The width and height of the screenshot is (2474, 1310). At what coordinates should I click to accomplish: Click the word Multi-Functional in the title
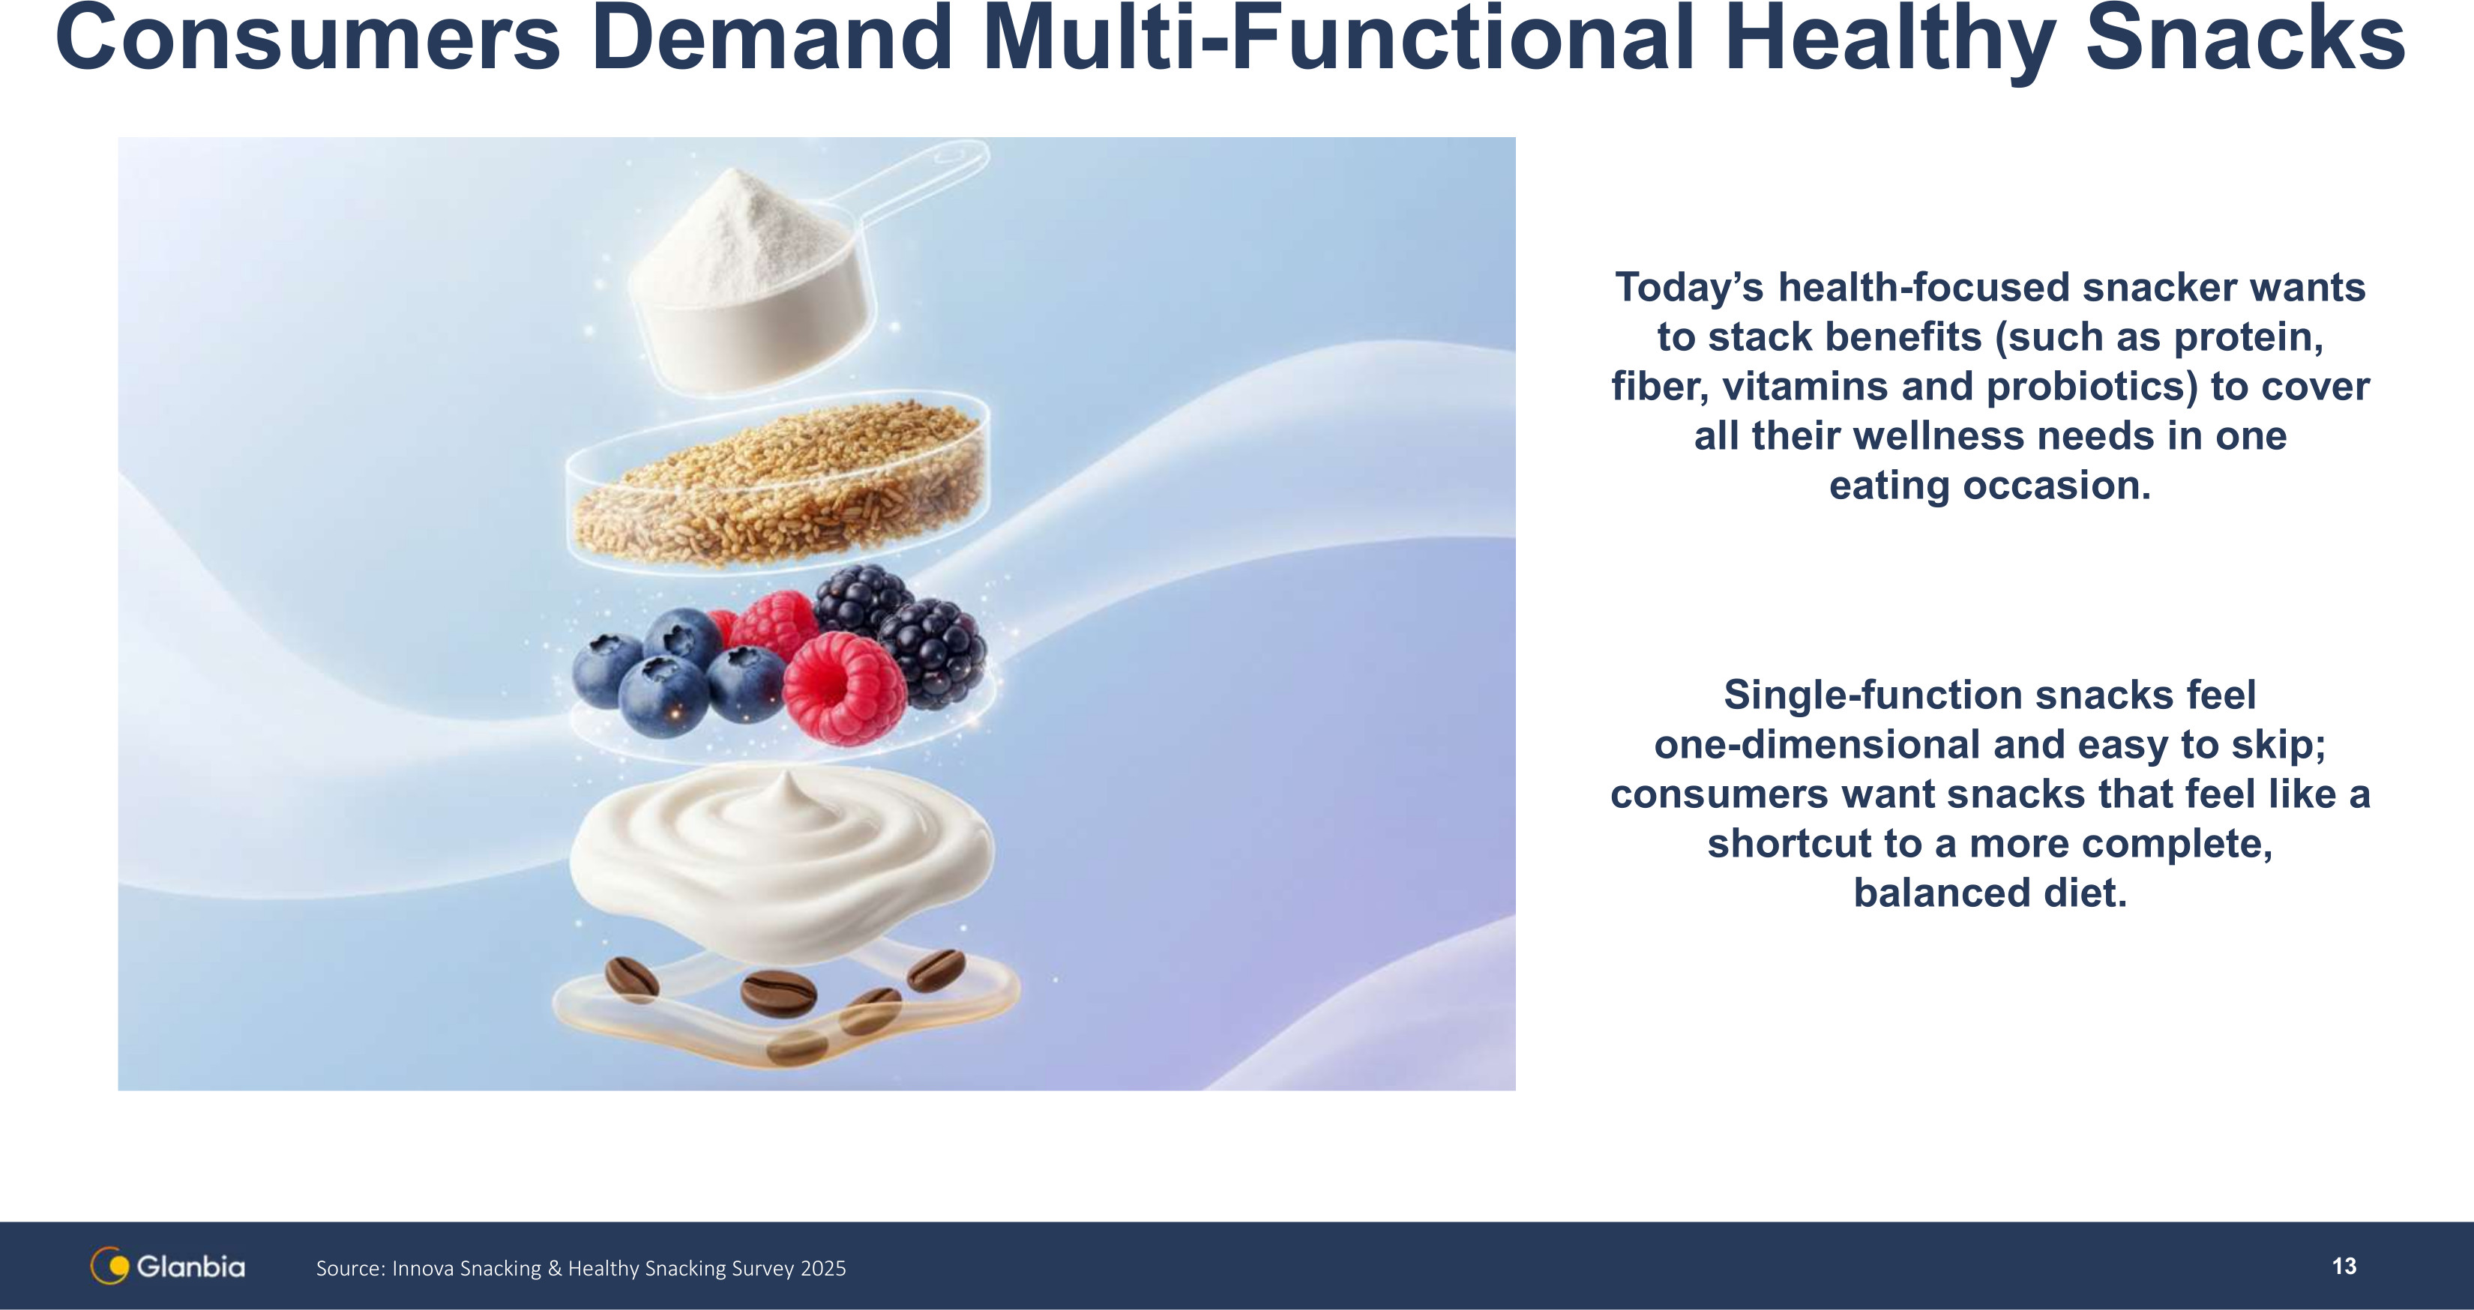click(x=1340, y=38)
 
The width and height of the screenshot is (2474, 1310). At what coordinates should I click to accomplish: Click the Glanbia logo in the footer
click(x=168, y=1266)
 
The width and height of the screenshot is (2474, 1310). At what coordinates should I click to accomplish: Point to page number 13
click(x=2344, y=1266)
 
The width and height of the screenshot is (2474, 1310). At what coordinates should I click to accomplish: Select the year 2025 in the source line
click(x=823, y=1268)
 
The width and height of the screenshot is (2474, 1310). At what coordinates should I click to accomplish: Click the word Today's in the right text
click(x=1691, y=287)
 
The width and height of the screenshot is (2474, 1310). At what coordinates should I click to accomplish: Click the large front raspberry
click(x=845, y=686)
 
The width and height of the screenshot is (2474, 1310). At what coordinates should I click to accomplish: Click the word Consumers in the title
click(x=308, y=38)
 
